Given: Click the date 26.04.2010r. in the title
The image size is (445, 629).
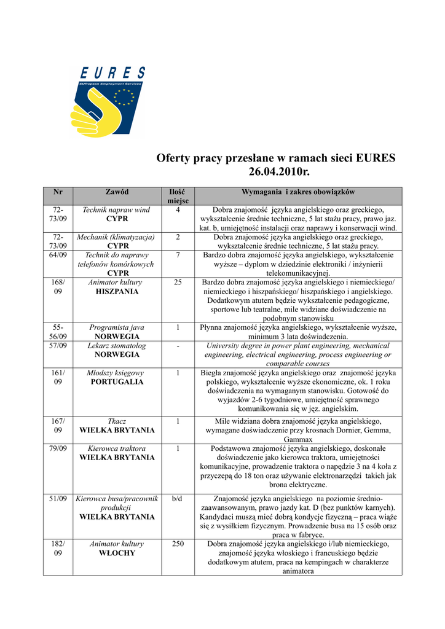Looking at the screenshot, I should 276,172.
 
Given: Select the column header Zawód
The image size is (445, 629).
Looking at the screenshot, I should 117,192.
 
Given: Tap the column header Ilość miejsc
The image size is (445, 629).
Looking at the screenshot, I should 178,197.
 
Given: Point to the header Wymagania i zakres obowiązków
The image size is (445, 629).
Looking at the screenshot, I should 298,192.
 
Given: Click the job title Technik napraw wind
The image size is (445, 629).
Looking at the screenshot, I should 117,210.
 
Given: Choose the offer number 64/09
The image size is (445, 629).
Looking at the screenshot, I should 58,254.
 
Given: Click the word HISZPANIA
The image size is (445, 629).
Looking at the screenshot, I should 117,292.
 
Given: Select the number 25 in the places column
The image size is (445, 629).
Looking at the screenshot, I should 178,283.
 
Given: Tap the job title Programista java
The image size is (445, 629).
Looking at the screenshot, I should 117,328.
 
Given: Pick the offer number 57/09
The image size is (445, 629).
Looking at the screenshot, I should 58,346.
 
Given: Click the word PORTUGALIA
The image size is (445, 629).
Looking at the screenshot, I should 117,382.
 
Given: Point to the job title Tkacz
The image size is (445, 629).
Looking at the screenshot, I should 117,421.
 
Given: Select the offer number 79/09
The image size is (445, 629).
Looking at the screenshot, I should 58,448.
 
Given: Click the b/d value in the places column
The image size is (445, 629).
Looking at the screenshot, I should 178,499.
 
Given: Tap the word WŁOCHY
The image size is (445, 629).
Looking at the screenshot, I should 117,553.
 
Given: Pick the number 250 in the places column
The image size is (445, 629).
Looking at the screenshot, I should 178,544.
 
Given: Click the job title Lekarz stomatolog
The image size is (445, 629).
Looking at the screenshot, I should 117,346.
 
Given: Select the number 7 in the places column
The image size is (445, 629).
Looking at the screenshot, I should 178,254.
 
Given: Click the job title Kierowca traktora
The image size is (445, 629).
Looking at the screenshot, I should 117,448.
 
